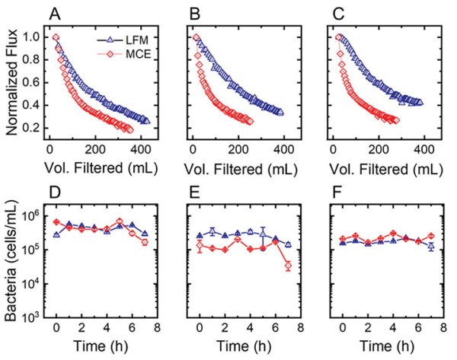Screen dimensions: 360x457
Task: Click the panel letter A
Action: click(56, 13)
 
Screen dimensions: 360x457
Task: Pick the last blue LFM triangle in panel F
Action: click(431, 247)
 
